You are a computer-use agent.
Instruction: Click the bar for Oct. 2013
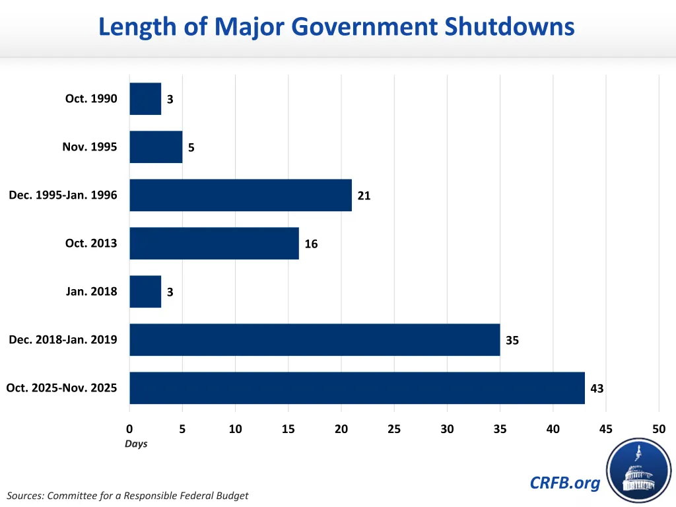[x=214, y=243]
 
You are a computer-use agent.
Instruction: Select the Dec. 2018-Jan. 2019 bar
[x=314, y=339]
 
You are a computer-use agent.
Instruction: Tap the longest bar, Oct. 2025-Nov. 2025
[x=356, y=388]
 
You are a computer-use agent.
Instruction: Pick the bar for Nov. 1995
[x=156, y=147]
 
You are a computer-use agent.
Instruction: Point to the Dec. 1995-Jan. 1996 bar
[x=240, y=195]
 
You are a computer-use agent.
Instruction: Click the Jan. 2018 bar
[x=145, y=291]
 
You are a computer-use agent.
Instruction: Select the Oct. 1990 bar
[x=145, y=98]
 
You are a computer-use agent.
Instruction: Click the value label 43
[x=597, y=389]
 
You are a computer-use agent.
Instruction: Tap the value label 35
[x=512, y=341]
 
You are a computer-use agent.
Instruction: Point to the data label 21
[x=364, y=195]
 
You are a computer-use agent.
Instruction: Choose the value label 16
[x=311, y=244]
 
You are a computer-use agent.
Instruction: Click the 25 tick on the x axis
[x=394, y=429]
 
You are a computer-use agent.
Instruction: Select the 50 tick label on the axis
[x=659, y=429]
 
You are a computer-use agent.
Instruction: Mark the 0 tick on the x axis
[x=129, y=429]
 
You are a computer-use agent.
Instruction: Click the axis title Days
[x=136, y=444]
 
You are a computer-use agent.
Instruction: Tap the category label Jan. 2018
[x=91, y=291]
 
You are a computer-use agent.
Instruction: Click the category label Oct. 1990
[x=91, y=98]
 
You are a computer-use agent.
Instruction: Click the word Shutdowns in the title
[x=509, y=27]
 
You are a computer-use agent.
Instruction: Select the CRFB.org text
[x=565, y=483]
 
